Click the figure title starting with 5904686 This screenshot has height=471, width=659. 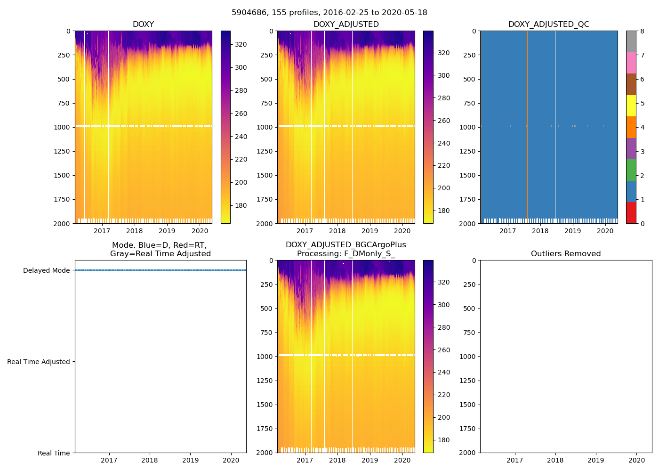[329, 13]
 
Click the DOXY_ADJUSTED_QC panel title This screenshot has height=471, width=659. [548, 24]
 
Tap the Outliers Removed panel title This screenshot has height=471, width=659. [565, 254]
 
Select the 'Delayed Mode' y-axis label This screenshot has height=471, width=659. [46, 270]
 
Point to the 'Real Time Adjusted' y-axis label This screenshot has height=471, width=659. [39, 362]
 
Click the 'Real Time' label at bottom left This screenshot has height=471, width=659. [54, 453]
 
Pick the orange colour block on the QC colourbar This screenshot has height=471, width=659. [631, 127]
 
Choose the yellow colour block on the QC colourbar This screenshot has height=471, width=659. [631, 106]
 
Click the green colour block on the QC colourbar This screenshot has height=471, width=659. [631, 170]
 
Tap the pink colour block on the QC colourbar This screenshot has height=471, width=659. [631, 63]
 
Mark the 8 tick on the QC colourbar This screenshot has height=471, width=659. [642, 31]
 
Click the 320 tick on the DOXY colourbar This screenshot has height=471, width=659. [241, 44]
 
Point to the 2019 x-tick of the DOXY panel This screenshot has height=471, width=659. [167, 231]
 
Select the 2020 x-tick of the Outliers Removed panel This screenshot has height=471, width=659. [637, 460]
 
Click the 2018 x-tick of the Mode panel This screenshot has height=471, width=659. [150, 460]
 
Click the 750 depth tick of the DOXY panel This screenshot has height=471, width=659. [63, 103]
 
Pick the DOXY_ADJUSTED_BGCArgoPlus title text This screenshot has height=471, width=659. [346, 245]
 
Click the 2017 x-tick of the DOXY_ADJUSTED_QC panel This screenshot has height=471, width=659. [507, 231]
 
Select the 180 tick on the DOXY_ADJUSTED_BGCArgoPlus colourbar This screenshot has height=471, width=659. [443, 440]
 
